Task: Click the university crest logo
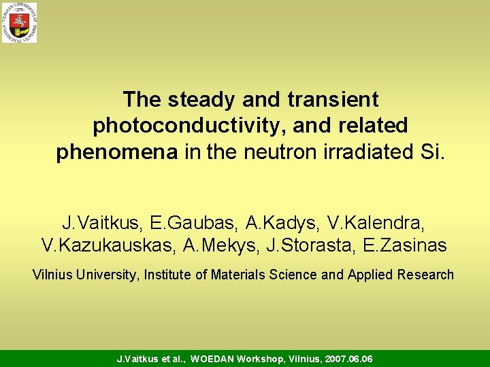click(x=19, y=22)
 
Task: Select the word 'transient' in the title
click(x=333, y=100)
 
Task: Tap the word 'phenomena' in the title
click(x=118, y=152)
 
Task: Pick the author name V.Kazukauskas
click(x=108, y=245)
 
